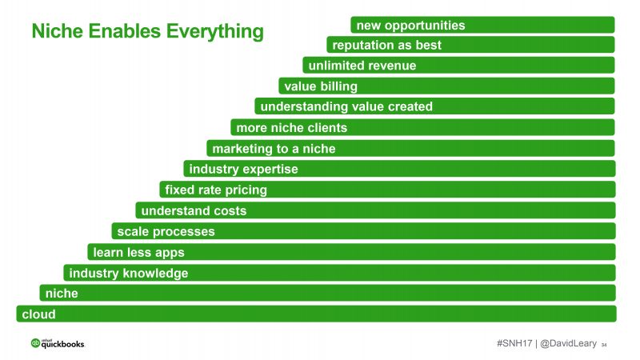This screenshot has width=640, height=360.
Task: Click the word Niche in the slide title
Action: point(57,31)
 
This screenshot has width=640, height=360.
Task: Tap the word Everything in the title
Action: point(214,32)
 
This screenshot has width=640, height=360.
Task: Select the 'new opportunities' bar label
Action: point(410,26)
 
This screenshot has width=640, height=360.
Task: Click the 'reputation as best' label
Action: point(387,45)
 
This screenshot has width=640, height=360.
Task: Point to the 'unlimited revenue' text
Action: point(362,66)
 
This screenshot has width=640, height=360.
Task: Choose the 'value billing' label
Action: point(321,86)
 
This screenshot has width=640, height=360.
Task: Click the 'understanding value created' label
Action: point(346,106)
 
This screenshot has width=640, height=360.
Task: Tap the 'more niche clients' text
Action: point(292,128)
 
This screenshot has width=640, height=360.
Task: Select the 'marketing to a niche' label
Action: point(274,149)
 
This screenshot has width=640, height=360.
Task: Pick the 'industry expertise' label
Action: point(244,169)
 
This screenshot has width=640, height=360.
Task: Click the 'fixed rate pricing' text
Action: point(216,190)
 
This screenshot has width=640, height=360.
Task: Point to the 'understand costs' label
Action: point(194,210)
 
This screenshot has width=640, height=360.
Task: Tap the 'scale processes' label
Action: point(166,231)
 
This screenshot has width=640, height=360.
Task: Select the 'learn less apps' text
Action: point(138,252)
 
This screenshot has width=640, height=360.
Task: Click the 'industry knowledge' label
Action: point(129,273)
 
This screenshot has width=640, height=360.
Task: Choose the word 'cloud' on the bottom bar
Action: point(38,314)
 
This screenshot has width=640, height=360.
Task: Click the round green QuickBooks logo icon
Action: point(35,343)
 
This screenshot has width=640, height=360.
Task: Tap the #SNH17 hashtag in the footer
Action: point(514,343)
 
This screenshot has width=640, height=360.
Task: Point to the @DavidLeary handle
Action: point(568,344)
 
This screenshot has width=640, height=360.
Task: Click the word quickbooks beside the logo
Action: point(63,345)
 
